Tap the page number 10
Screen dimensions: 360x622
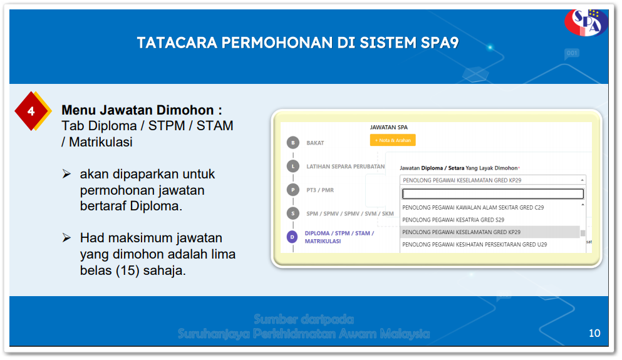pyautogui.click(x=594, y=333)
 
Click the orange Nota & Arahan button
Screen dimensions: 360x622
pyautogui.click(x=393, y=140)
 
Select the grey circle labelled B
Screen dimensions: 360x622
pyautogui.click(x=293, y=143)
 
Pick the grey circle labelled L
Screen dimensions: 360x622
pyautogui.click(x=293, y=167)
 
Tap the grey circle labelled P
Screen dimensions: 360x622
pyautogui.click(x=293, y=190)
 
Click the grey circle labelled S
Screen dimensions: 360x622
pyautogui.click(x=293, y=213)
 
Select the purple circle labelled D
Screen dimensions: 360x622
pyautogui.click(x=293, y=237)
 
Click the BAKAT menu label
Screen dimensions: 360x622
pyautogui.click(x=315, y=143)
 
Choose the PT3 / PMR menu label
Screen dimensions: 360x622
pyautogui.click(x=319, y=190)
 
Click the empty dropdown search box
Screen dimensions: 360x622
pyautogui.click(x=493, y=193)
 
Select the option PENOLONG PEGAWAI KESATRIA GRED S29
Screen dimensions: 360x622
pyautogui.click(x=453, y=220)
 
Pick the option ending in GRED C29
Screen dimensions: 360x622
pyautogui.click(x=473, y=207)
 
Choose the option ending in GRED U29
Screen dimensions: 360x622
pyautogui.click(x=474, y=244)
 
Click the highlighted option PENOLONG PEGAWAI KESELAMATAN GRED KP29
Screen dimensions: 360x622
pyautogui.click(x=461, y=232)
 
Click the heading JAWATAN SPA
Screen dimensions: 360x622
pyautogui.click(x=389, y=127)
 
